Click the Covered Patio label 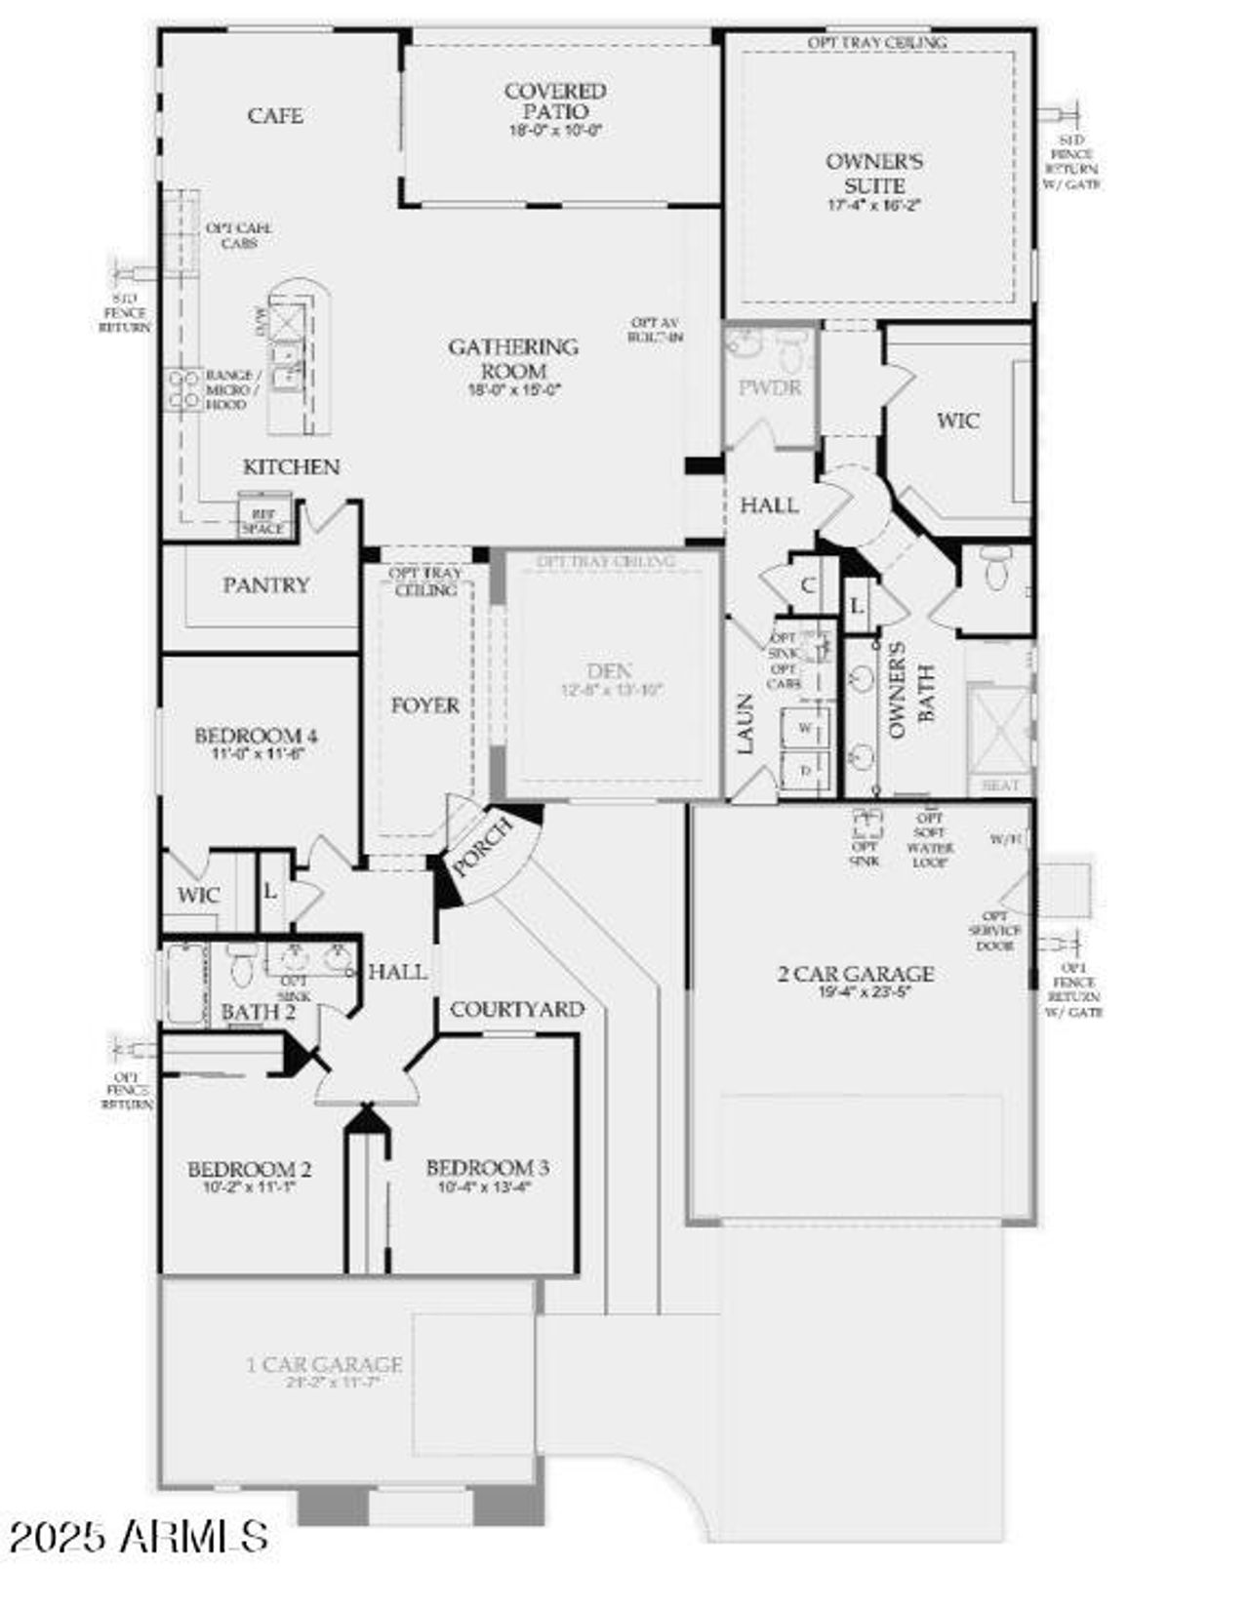coord(555,101)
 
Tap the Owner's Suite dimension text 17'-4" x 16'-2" coord(873,205)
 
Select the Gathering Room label coord(513,358)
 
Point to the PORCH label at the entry coord(482,846)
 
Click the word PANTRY coord(265,584)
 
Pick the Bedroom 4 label coord(256,736)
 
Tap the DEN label coord(609,670)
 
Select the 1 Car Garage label coord(324,1364)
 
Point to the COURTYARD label coord(517,1009)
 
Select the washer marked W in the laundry coord(806,728)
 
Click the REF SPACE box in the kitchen coord(263,519)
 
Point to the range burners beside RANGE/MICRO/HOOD coord(182,388)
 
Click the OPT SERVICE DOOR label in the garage coord(995,931)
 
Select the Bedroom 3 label coord(487,1167)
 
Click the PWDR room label coord(770,387)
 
